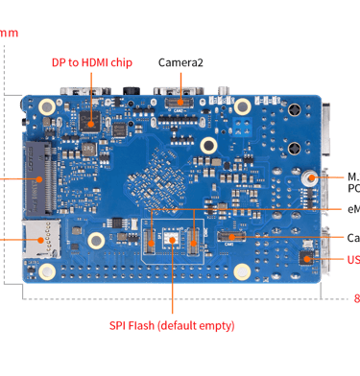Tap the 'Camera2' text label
180,62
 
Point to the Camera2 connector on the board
174,99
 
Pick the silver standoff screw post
310,179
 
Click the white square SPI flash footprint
172,241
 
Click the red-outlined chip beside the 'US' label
305,258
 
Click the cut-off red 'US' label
352,260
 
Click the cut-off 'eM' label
352,209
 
